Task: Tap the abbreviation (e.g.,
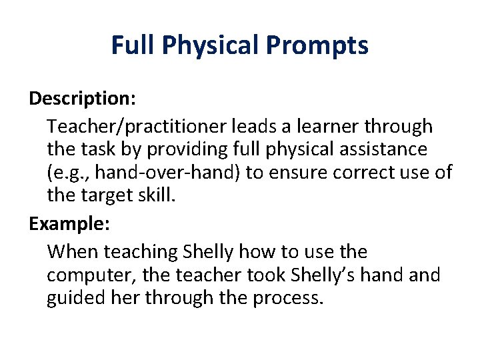click(x=70, y=172)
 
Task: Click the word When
click(x=70, y=252)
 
